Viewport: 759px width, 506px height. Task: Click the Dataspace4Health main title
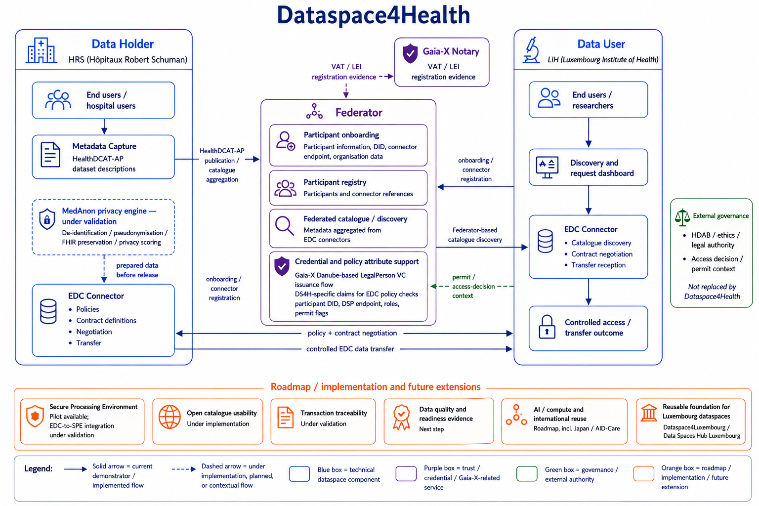click(x=374, y=15)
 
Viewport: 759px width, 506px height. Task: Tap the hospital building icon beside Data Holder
click(x=41, y=50)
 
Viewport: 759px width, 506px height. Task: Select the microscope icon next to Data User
click(x=531, y=50)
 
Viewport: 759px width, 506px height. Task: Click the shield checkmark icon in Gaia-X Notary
click(x=410, y=53)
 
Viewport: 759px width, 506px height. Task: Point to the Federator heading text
click(x=359, y=113)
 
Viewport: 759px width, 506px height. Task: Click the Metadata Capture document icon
click(x=50, y=155)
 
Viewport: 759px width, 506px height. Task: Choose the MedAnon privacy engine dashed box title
click(x=109, y=216)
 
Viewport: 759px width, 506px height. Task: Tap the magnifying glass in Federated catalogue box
click(x=285, y=225)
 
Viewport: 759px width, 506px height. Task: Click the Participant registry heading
click(x=335, y=182)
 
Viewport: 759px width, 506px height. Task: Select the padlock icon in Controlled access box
click(x=547, y=327)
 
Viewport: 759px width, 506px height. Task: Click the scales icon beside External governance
click(x=682, y=217)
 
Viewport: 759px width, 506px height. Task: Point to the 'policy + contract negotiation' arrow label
click(x=352, y=333)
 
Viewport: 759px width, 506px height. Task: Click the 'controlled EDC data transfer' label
click(x=350, y=349)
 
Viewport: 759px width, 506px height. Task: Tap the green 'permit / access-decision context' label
click(x=473, y=287)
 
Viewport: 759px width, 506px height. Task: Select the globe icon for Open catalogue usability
click(x=169, y=417)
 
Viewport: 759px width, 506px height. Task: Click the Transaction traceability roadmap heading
click(x=334, y=413)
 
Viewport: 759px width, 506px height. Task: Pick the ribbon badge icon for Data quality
click(x=402, y=417)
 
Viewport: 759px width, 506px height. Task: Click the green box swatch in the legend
click(x=527, y=473)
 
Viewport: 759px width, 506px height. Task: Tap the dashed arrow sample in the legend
click(x=184, y=469)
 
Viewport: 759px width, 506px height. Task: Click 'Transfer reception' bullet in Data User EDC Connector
click(x=598, y=265)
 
